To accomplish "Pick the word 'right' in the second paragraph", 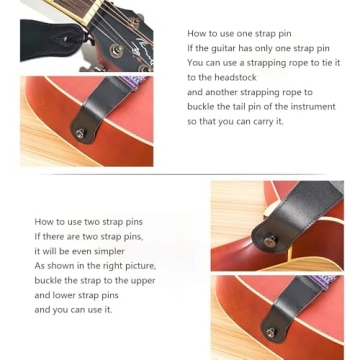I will click(114, 266).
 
